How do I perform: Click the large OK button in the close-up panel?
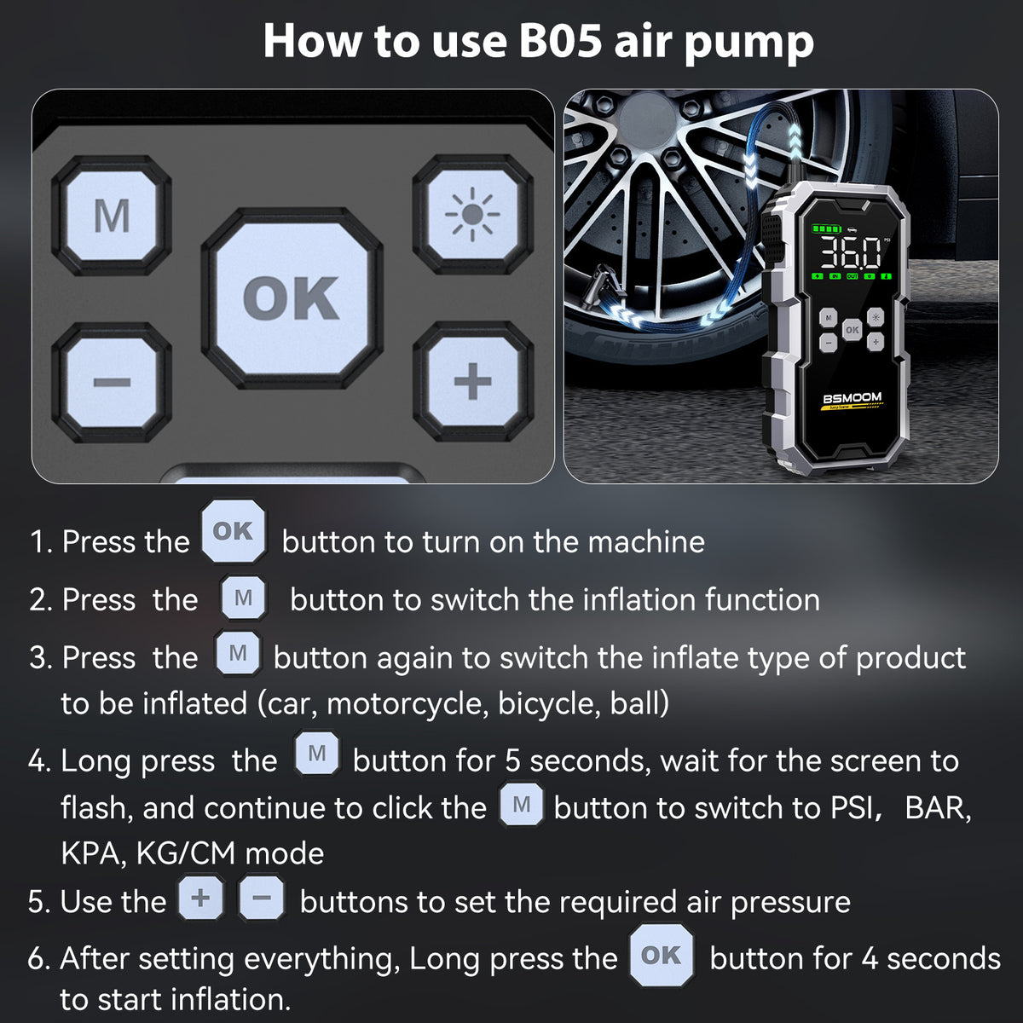pyautogui.click(x=292, y=298)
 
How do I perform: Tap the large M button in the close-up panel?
pyautogui.click(x=112, y=216)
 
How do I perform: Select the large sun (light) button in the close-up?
pyautogui.click(x=472, y=215)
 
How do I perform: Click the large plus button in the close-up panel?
pyautogui.click(x=473, y=382)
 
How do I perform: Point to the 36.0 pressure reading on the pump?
pyautogui.click(x=850, y=252)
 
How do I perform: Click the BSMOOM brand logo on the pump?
pyautogui.click(x=852, y=398)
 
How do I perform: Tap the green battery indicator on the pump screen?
pyautogui.click(x=827, y=229)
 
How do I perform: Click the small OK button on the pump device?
pyautogui.click(x=852, y=330)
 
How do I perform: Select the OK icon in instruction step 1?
pyautogui.click(x=233, y=531)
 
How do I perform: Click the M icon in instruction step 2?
pyautogui.click(x=244, y=598)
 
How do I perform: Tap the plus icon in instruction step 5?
pyautogui.click(x=200, y=899)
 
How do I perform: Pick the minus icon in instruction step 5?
pyautogui.click(x=261, y=899)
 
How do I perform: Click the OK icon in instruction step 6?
pyautogui.click(x=662, y=955)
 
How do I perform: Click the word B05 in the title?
pyautogui.click(x=560, y=42)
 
